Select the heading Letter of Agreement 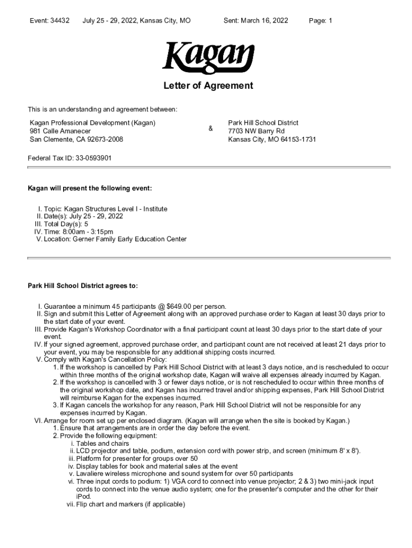pyautogui.click(x=208, y=86)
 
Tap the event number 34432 pyautogui.click(x=60, y=21)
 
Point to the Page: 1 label pyautogui.click(x=321, y=21)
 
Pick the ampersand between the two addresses pyautogui.click(x=211, y=128)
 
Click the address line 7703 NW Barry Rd pyautogui.click(x=256, y=131)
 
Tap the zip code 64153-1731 pyautogui.click(x=296, y=140)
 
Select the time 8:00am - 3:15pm pyautogui.click(x=89, y=232)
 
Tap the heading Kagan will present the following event pyautogui.click(x=90, y=188)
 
